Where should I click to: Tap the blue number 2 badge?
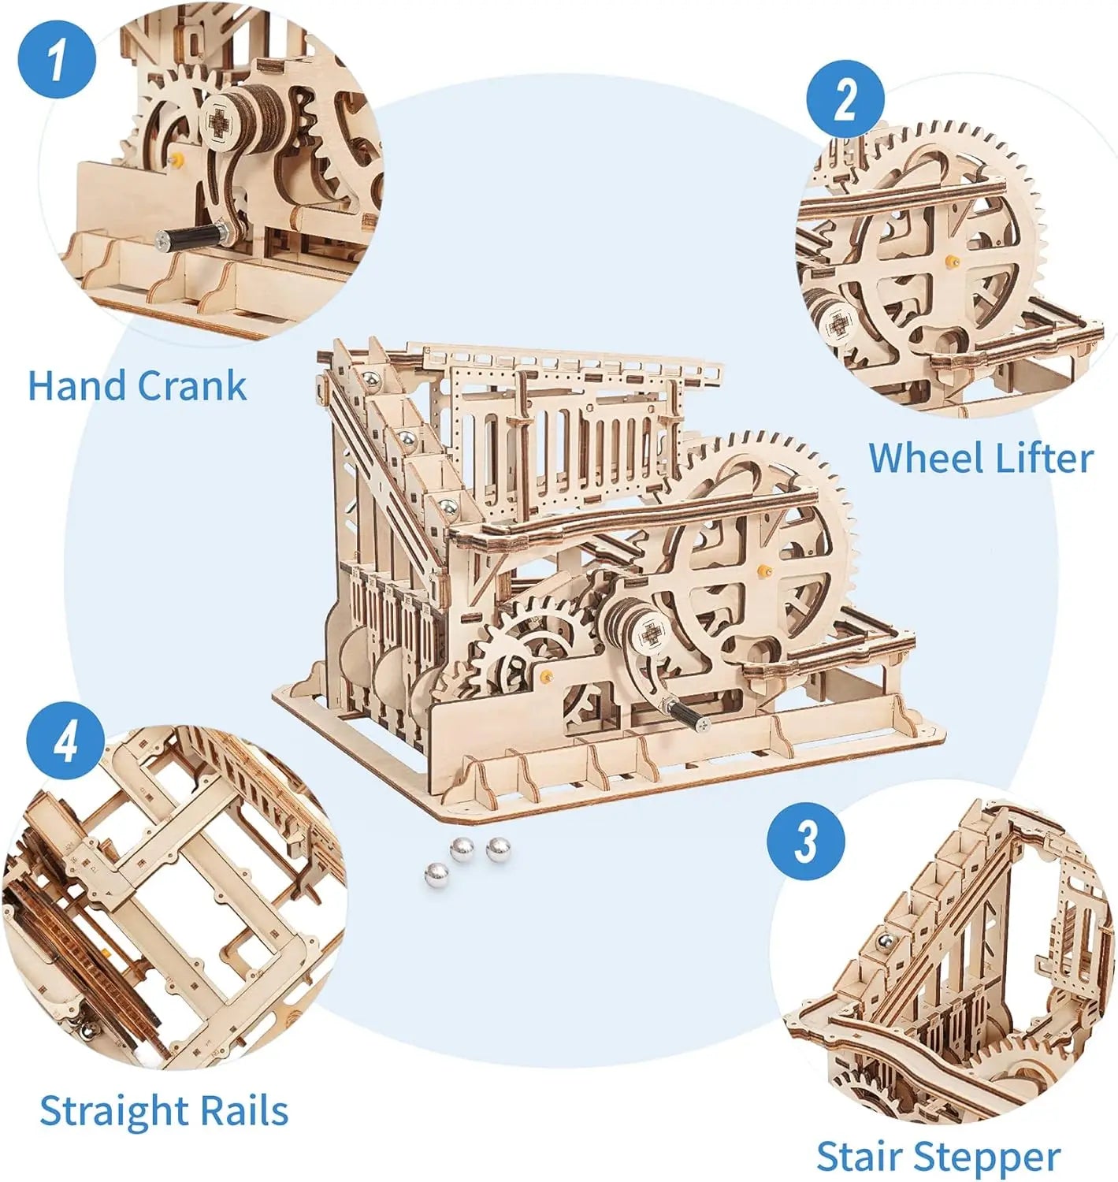[845, 100]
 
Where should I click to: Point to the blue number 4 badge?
[66, 742]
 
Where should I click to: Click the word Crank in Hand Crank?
[191, 386]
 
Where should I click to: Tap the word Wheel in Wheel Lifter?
[919, 458]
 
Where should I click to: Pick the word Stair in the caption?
[858, 1157]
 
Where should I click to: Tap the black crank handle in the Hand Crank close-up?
[191, 235]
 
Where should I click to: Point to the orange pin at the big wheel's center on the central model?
[762, 569]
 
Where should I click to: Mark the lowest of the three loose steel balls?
[436, 873]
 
